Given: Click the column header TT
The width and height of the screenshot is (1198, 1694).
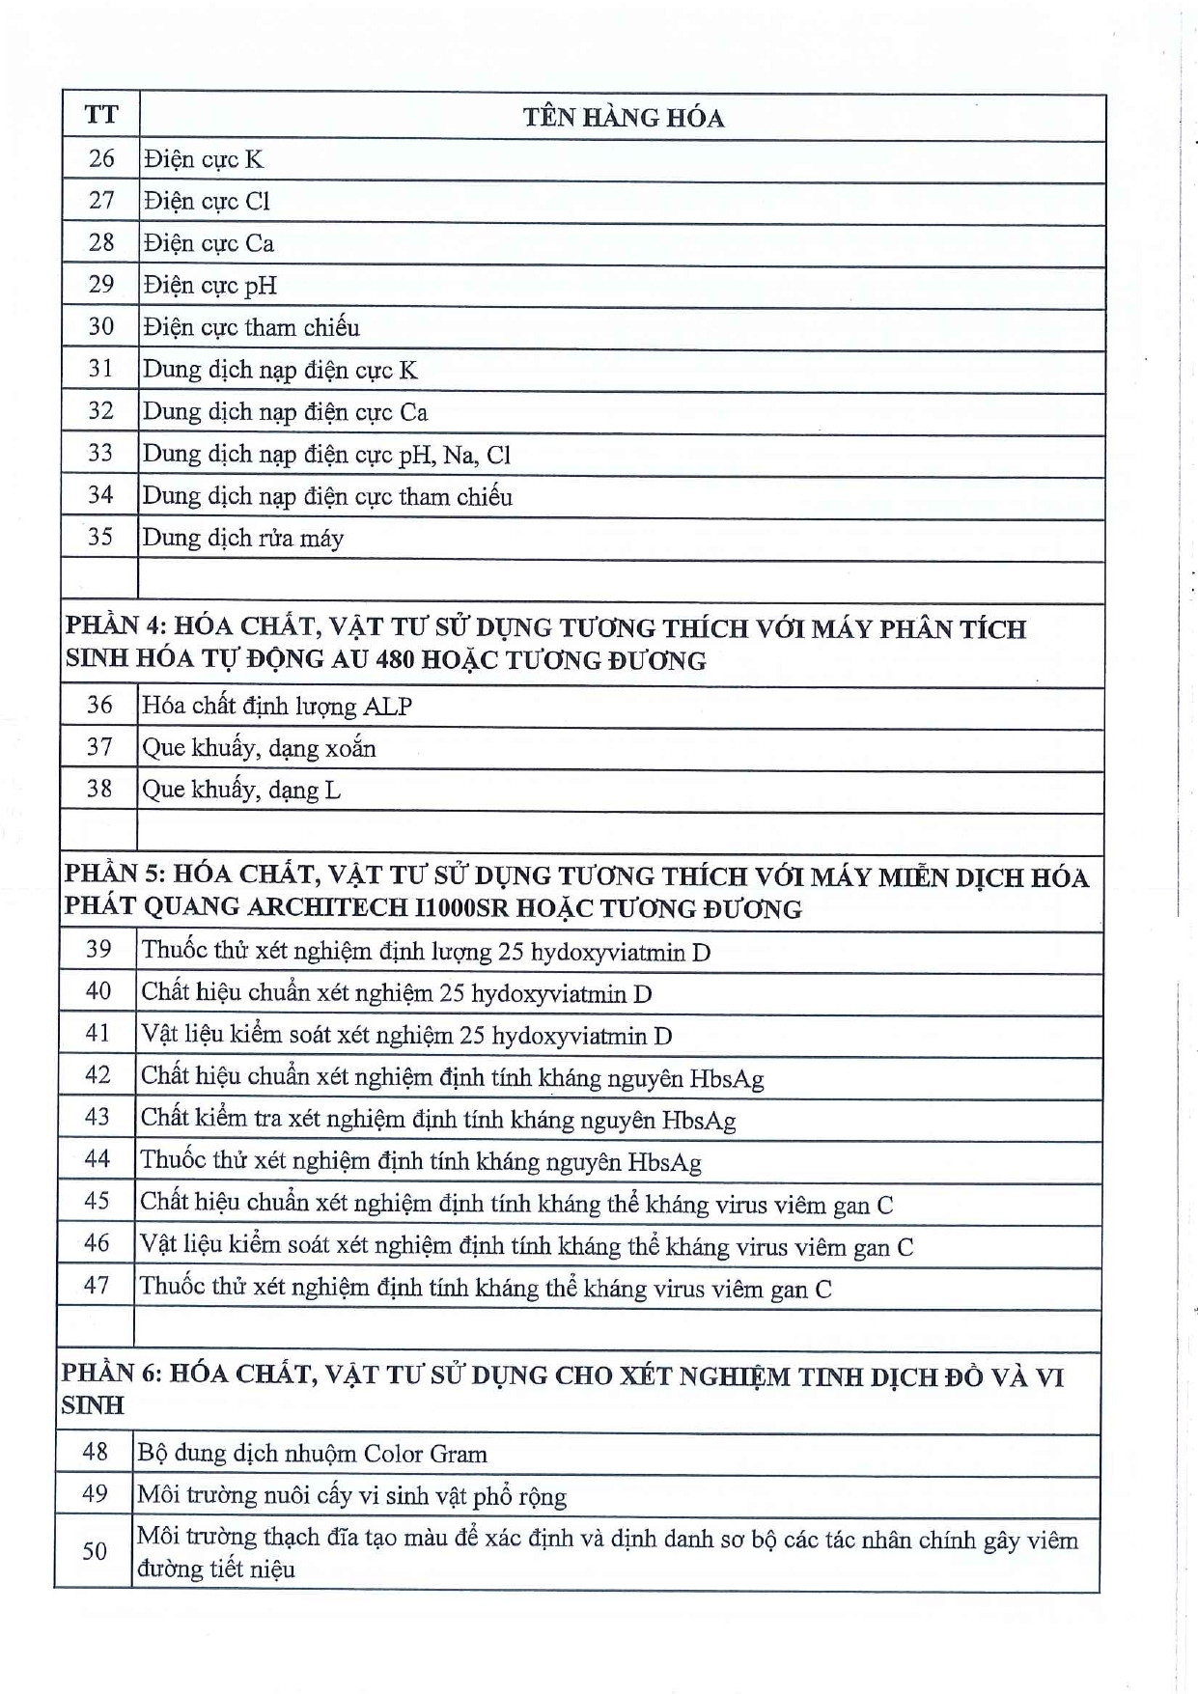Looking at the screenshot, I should [x=100, y=116].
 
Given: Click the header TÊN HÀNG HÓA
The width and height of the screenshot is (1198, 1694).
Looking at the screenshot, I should [x=623, y=118].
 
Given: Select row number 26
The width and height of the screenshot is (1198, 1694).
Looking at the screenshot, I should [x=100, y=158].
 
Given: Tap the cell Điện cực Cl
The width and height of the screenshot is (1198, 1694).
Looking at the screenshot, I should [x=207, y=201].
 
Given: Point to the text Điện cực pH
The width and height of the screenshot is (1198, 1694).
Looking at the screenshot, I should [x=209, y=285].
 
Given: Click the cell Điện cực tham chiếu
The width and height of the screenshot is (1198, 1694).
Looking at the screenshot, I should [x=251, y=327].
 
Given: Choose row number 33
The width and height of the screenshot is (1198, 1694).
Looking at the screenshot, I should [x=100, y=453].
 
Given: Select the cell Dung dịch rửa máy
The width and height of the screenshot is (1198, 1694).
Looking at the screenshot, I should [x=242, y=538].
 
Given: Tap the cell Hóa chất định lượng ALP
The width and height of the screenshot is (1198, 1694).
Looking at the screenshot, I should [x=277, y=707].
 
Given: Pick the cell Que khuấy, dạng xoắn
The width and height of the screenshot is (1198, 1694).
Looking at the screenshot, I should [x=259, y=748].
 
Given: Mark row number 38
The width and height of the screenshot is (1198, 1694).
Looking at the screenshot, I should [x=99, y=789].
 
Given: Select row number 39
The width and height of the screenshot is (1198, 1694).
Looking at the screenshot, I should [x=98, y=949].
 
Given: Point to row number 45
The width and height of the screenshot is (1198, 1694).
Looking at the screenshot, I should [x=98, y=1201].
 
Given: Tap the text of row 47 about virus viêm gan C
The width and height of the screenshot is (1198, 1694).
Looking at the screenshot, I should [x=486, y=1288].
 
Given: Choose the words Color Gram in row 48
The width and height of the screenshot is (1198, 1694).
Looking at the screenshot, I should [x=425, y=1454].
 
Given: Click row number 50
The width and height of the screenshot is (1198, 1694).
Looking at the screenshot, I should [x=95, y=1551].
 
